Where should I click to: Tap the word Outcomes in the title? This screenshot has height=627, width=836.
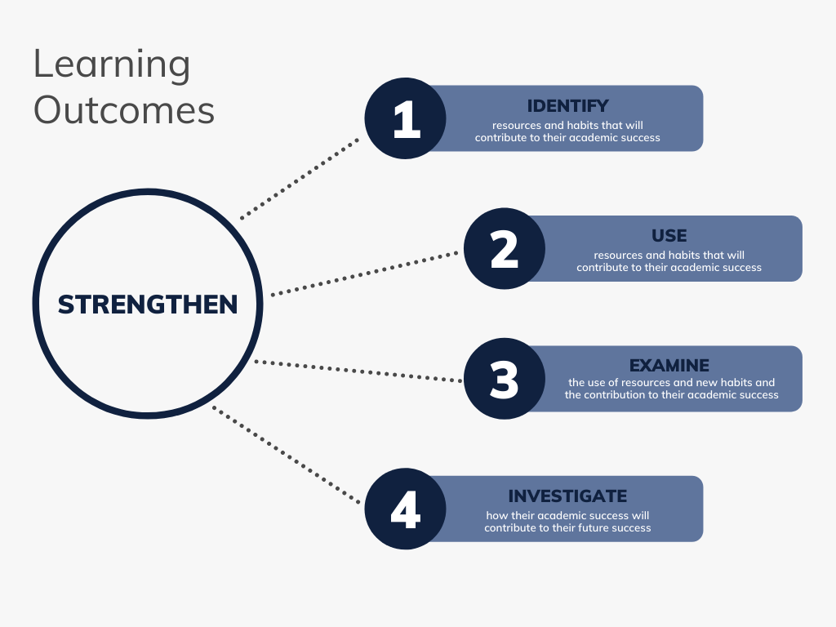coord(124,110)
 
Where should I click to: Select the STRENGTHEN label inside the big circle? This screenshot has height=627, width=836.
coord(148,305)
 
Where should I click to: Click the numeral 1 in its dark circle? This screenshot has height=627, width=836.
coord(407,119)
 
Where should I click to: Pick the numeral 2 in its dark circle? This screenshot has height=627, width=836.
coord(505,250)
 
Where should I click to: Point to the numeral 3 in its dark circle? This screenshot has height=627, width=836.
coord(505,380)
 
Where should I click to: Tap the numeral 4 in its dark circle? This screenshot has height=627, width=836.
coord(406,509)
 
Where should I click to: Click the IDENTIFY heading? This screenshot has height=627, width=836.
coord(568,106)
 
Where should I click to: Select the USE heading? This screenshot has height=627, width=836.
coord(669,236)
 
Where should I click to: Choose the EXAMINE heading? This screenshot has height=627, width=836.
coord(669,366)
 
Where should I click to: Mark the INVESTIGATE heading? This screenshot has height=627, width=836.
coord(567,496)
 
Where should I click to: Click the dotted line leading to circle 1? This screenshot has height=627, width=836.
coord(300,179)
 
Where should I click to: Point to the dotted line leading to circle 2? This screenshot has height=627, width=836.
coord(364,273)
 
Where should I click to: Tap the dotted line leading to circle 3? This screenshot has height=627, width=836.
coord(358,371)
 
